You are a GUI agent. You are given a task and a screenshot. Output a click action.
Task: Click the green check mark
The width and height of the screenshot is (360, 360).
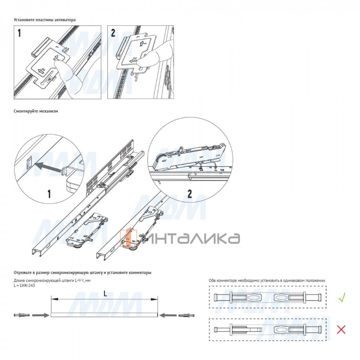(x=342, y=297)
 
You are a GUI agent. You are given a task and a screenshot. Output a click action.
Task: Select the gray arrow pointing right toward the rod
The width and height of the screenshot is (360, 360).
(x=40, y=315)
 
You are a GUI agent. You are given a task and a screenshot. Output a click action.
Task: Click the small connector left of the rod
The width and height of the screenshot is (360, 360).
(x=22, y=315)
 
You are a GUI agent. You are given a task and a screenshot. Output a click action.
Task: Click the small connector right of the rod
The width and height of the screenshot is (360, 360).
(x=186, y=315)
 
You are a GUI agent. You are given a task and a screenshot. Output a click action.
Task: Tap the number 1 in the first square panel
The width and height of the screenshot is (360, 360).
(x=19, y=33)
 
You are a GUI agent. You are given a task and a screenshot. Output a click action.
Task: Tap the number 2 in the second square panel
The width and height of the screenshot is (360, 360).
(x=113, y=33)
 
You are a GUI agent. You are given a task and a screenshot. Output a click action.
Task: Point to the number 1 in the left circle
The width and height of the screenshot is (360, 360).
(x=49, y=194)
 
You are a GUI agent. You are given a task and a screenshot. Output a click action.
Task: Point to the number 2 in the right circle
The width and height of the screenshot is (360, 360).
(x=190, y=194)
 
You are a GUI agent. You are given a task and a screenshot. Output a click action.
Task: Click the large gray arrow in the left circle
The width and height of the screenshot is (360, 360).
(x=48, y=167)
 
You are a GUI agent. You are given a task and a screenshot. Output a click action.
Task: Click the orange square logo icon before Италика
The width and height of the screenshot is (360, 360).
(x=128, y=238)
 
